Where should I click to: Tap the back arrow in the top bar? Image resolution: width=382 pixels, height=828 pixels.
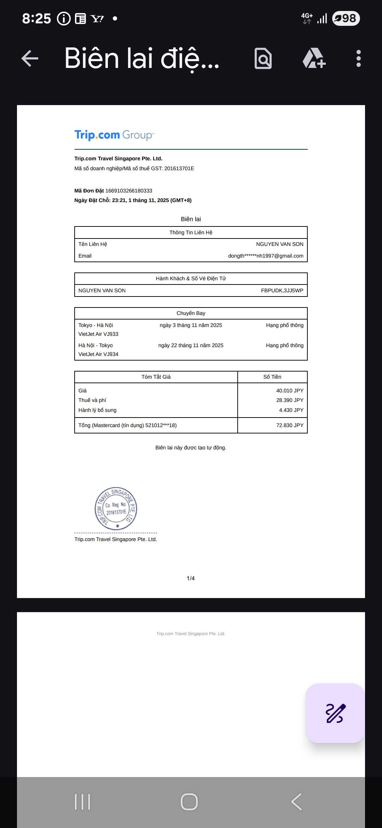30,58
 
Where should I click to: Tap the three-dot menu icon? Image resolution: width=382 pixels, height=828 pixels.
358,58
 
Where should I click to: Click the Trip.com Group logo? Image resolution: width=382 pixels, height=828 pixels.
114,135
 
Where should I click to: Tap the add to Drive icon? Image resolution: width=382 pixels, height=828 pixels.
314,58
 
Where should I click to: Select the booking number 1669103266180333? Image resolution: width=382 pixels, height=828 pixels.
129,191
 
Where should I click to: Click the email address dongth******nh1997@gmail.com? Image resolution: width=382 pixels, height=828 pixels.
266,256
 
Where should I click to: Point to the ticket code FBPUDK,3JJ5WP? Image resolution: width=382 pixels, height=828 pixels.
282,291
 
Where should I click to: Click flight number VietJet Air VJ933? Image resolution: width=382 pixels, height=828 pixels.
98,334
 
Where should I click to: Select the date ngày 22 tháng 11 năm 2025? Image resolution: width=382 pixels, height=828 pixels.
191,345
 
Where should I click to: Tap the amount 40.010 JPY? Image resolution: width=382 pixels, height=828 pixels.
290,391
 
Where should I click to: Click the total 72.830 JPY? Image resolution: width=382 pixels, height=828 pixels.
290,425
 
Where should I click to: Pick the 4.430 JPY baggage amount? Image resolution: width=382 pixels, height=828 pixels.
291,410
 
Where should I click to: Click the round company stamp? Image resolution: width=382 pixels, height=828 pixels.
116,508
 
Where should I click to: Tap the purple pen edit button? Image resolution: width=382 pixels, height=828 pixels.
335,713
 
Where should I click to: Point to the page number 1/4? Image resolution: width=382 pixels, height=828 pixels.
191,578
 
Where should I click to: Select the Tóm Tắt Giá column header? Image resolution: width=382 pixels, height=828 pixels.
156,377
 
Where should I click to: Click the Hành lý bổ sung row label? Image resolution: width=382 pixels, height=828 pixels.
97,410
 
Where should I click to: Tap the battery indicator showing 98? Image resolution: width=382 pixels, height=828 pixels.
346,18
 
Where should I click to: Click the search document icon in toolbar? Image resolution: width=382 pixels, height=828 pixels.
263,58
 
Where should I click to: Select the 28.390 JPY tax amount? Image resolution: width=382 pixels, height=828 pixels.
290,400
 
